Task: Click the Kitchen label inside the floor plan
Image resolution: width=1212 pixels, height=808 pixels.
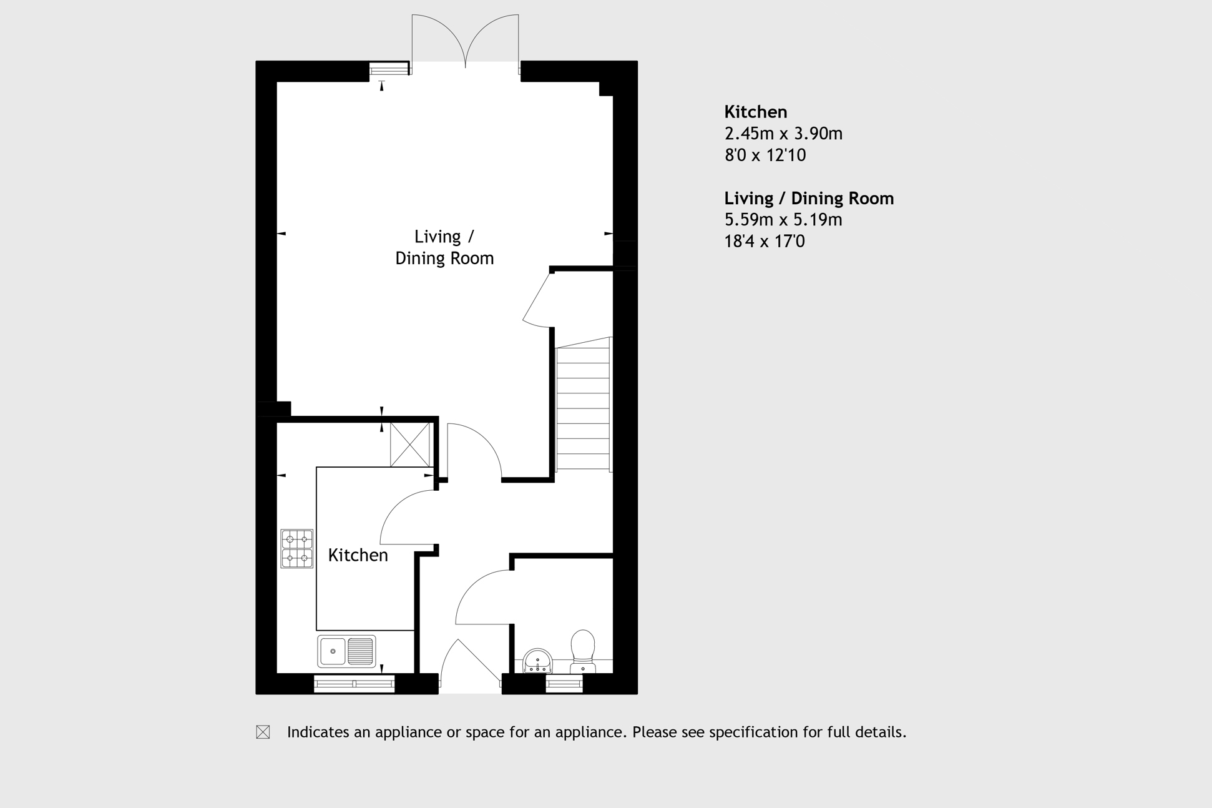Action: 358,555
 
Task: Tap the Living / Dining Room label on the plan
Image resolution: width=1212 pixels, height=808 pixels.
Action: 444,247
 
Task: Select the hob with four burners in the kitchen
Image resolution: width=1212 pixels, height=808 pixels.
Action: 296,548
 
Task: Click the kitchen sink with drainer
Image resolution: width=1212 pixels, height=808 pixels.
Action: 346,651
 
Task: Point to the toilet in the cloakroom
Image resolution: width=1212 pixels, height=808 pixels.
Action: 583,649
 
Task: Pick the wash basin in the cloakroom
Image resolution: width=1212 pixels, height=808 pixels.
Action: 537,661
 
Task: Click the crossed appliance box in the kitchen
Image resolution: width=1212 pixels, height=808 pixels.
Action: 410,445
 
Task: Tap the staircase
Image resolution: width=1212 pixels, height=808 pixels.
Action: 583,406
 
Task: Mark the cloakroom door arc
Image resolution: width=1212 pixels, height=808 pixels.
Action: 482,596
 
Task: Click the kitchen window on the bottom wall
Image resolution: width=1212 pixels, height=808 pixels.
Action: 354,684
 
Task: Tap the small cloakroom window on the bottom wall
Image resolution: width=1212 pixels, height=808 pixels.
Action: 564,684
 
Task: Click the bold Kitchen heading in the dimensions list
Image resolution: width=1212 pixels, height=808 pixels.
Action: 755,112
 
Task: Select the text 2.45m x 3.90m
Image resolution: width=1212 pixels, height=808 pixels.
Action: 783,134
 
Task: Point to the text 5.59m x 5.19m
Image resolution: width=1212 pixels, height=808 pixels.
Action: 783,220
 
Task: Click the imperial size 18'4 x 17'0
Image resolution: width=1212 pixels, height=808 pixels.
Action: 765,241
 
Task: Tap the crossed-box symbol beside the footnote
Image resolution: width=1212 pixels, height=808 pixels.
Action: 263,732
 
